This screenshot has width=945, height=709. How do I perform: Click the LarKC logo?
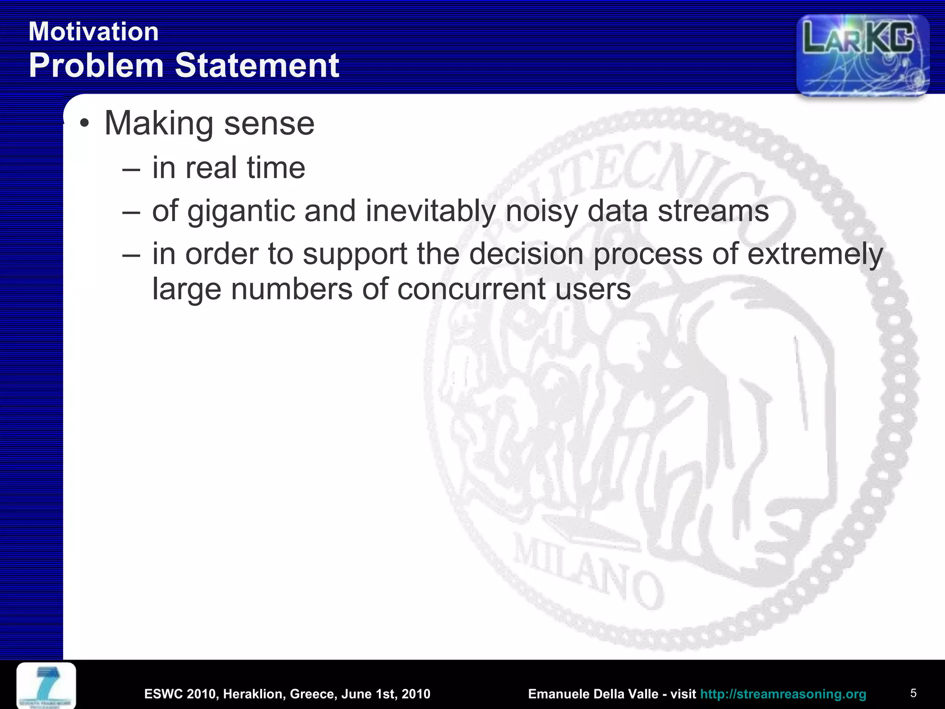coord(862,54)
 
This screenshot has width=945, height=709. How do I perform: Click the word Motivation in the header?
coord(94,32)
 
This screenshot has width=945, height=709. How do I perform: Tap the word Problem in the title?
coord(96,65)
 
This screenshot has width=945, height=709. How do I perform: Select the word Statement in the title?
coord(257,65)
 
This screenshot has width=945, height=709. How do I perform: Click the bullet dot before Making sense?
coord(84,124)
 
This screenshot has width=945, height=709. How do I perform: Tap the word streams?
coord(713,211)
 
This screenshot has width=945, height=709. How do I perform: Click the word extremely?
coord(815,254)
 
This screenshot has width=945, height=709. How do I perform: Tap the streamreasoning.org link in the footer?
coord(783,694)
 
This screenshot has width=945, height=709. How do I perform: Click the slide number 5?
coord(913,693)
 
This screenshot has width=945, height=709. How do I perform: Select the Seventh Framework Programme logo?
coord(46,685)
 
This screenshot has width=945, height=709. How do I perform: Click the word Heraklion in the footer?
coord(252,694)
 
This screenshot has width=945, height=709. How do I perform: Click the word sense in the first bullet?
coord(269,124)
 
